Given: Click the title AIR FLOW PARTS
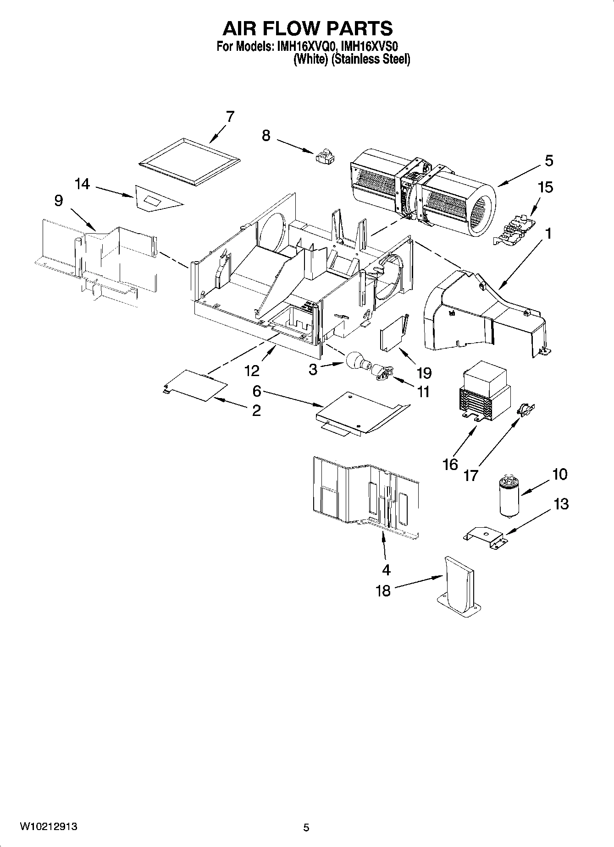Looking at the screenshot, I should point(307,28).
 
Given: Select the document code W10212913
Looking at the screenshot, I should point(48,827).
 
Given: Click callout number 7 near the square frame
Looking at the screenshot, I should point(230,116).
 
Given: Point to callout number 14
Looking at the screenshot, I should point(83,184).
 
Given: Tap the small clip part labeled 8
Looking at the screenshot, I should point(326,156).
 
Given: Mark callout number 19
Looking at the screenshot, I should point(424,373).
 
